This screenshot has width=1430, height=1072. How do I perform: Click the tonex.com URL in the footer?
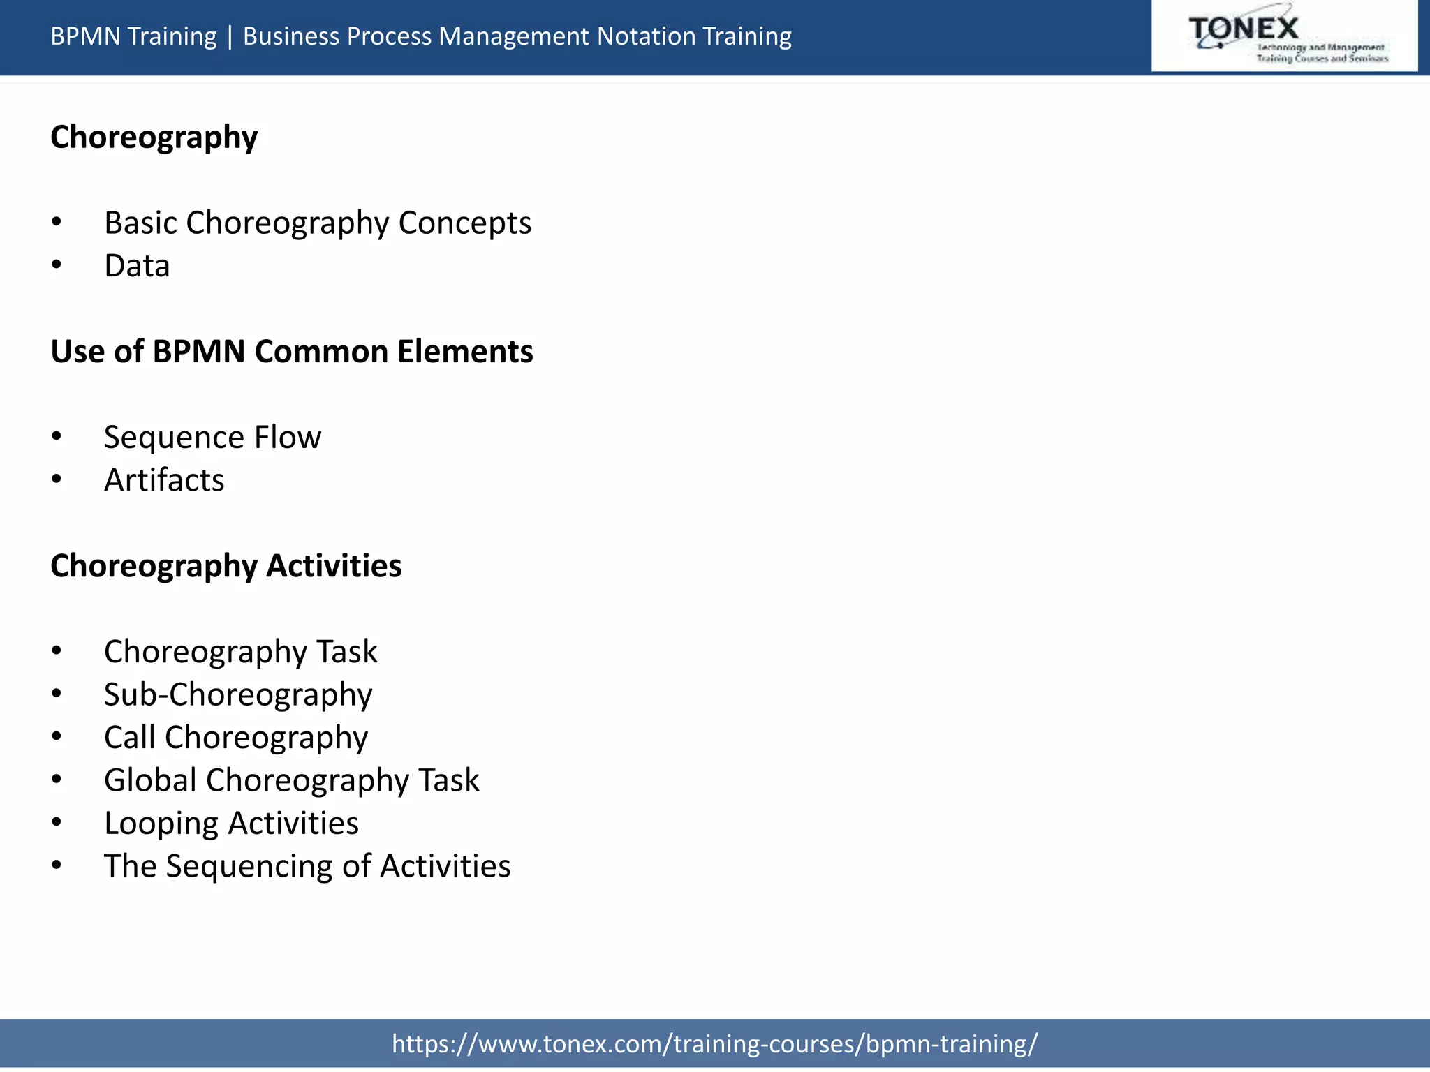(x=714, y=1043)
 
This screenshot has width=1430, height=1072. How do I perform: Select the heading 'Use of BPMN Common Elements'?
(x=292, y=351)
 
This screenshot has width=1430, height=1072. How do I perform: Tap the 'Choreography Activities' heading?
(x=226, y=565)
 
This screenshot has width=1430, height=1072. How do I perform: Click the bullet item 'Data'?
(x=137, y=266)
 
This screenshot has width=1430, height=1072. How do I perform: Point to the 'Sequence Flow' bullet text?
(x=212, y=438)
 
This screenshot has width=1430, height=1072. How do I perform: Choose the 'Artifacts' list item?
(x=164, y=480)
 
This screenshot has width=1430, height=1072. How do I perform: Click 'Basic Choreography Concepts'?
(x=318, y=223)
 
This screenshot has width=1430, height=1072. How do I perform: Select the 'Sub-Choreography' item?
(x=238, y=694)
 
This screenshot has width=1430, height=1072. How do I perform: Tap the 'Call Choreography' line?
(x=236, y=738)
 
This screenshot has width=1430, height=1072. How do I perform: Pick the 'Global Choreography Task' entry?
(x=292, y=780)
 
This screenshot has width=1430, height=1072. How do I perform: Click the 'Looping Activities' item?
(x=231, y=824)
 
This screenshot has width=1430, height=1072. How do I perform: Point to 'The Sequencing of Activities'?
(x=307, y=866)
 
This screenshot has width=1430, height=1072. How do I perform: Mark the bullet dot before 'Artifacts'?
(x=57, y=479)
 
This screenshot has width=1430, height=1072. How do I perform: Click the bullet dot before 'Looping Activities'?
(x=57, y=822)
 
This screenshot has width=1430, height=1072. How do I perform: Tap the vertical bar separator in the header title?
(x=230, y=36)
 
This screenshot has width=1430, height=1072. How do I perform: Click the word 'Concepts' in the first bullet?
(x=464, y=223)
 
